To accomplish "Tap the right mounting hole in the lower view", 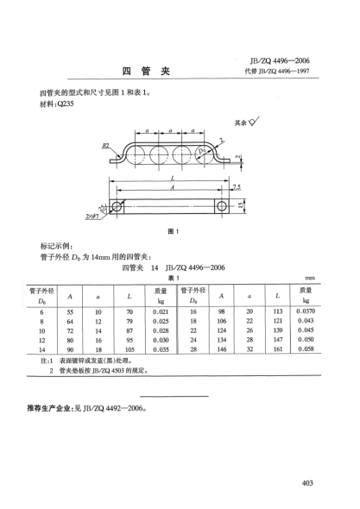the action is tap(224, 206).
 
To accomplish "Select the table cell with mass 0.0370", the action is tap(305, 309).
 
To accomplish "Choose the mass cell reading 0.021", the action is tap(160, 309).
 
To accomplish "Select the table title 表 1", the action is tap(172, 278).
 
